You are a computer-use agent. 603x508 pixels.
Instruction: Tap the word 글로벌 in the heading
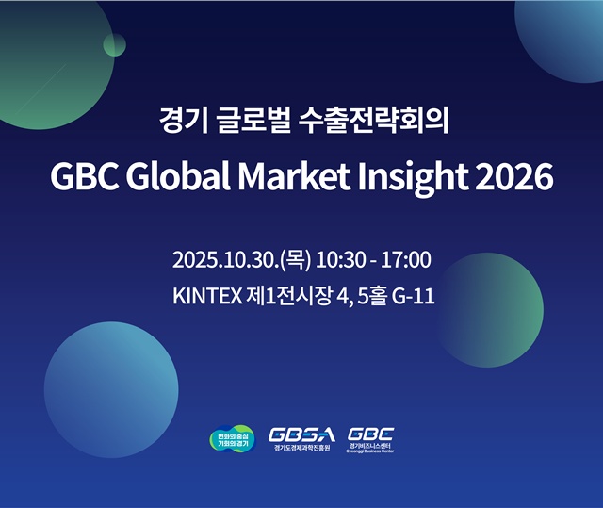[x=244, y=121]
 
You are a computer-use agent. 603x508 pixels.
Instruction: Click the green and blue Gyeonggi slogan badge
[x=231, y=439]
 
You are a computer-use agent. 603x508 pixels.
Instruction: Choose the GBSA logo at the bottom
[x=301, y=438]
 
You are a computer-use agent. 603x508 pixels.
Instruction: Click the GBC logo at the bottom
[x=371, y=438]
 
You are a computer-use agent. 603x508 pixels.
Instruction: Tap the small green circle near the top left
[x=115, y=44]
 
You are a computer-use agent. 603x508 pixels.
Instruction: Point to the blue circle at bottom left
[x=97, y=376]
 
